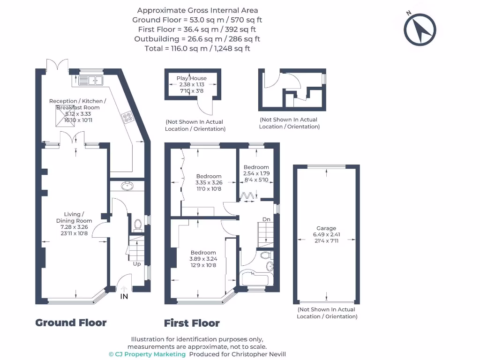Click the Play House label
click(x=191, y=78)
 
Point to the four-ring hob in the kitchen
click(x=127, y=117)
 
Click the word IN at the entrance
click(x=124, y=297)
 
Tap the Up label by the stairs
click(x=137, y=264)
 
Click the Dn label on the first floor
click(x=266, y=219)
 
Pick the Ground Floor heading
click(x=71, y=322)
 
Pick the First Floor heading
click(x=192, y=323)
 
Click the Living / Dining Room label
click(x=74, y=217)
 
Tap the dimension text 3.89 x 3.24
click(x=203, y=259)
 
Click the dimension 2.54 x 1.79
click(x=256, y=173)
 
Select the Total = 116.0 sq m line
click(x=197, y=48)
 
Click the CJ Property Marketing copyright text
click(x=147, y=354)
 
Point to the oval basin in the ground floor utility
click(x=127, y=186)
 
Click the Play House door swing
click(x=204, y=108)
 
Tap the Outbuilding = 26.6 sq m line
click(x=197, y=39)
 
